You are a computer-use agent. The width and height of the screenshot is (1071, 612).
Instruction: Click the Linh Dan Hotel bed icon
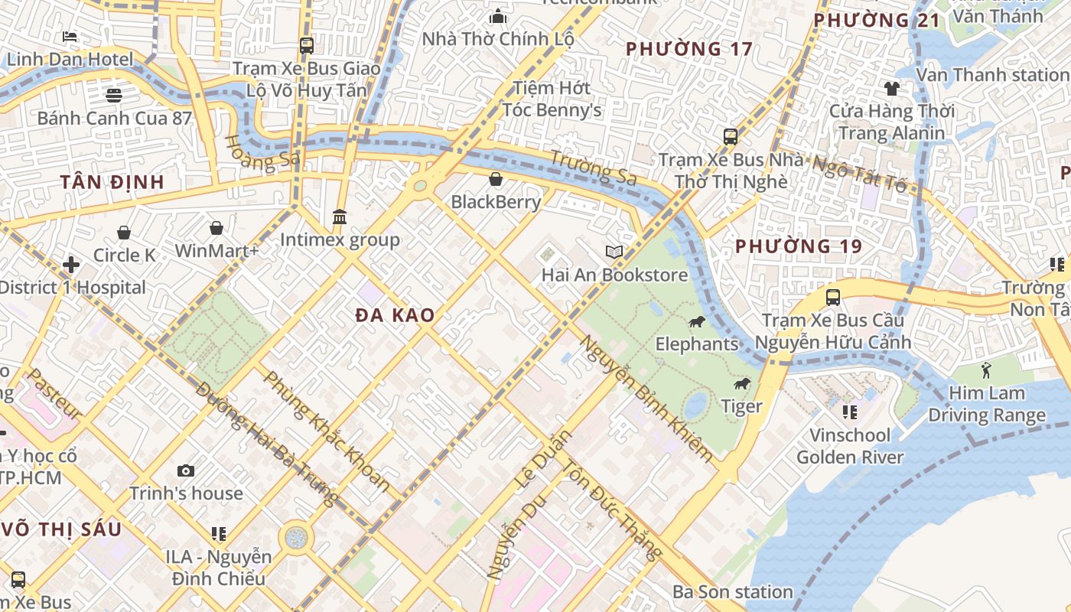[70, 36]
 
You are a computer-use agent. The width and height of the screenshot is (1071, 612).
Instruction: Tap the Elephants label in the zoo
[697, 343]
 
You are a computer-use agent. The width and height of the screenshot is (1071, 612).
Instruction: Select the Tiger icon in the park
[741, 384]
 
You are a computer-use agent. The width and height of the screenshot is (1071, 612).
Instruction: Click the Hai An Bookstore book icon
[614, 252]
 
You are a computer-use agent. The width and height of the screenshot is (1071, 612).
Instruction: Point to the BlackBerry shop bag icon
[496, 180]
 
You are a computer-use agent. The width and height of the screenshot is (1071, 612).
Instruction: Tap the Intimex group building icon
[340, 217]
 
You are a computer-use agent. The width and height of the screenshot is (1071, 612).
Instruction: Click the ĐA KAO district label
[396, 314]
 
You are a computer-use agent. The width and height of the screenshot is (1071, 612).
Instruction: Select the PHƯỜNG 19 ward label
[799, 246]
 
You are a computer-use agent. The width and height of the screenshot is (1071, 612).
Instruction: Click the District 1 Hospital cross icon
[71, 265]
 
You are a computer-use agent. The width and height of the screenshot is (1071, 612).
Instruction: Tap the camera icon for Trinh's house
[186, 471]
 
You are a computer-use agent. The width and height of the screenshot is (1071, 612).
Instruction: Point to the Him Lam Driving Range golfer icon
[986, 371]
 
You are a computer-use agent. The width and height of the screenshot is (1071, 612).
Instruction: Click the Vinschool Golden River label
[850, 447]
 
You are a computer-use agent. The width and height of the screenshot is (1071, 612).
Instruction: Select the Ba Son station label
[733, 591]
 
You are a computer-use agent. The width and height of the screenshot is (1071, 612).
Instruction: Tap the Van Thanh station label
[993, 75]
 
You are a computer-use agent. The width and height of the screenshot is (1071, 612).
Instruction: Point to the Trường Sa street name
[594, 168]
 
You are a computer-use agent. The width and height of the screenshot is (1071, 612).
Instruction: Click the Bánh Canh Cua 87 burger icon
[114, 95]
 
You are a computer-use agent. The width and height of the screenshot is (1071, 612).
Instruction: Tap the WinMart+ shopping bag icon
[216, 228]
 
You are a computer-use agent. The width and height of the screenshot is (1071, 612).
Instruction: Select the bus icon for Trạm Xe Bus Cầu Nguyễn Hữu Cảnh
[833, 297]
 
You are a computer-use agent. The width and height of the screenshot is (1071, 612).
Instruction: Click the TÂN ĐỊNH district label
[112, 182]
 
